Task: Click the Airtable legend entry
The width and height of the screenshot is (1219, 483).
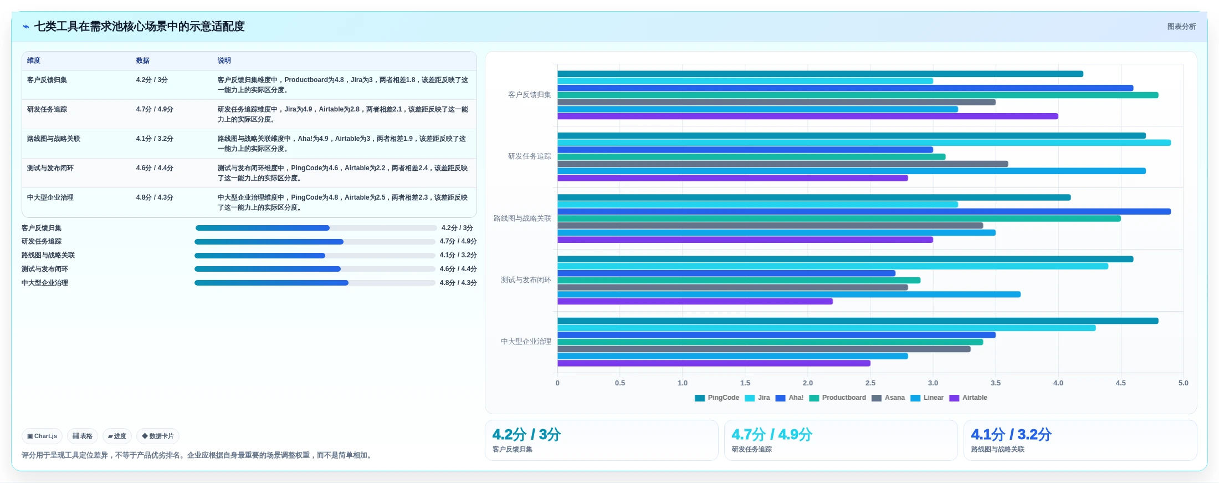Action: [968, 398]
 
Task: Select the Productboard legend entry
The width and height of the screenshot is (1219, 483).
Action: [837, 398]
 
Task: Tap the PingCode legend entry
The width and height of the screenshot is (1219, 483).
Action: [717, 398]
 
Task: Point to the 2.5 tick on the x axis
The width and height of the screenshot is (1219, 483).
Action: [870, 383]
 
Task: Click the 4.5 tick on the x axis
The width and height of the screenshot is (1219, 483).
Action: [1121, 383]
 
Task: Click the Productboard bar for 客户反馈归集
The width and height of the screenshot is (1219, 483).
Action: [858, 95]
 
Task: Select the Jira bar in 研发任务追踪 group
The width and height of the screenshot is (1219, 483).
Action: [864, 143]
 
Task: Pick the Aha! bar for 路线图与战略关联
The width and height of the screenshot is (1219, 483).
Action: [864, 211]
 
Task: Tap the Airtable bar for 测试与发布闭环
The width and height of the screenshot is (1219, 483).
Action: [695, 301]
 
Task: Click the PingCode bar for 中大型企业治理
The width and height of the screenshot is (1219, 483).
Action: [858, 321]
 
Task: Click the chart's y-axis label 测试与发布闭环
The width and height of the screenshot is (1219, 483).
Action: [526, 280]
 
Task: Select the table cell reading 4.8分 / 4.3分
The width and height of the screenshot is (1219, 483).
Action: [155, 197]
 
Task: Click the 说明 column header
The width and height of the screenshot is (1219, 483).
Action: [224, 60]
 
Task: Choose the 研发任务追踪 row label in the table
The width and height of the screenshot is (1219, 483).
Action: [47, 109]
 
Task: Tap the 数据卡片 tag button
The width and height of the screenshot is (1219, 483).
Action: [158, 436]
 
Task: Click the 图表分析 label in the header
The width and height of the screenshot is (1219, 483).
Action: [1181, 27]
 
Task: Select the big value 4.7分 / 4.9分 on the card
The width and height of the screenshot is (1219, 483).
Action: [772, 434]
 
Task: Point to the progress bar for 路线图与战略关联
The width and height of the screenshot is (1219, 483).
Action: [315, 256]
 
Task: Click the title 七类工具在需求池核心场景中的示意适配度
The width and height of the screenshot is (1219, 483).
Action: [139, 27]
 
